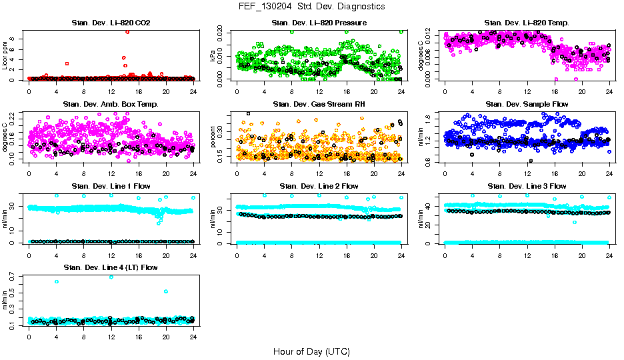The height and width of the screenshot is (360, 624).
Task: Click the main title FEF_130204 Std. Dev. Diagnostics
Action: (311, 7)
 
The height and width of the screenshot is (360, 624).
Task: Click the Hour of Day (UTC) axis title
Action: (311, 351)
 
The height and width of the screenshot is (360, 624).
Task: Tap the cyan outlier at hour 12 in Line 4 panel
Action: (111, 277)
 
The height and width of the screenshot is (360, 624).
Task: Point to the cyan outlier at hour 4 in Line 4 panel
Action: (57, 281)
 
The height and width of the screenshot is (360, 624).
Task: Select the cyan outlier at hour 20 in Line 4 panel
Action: (165, 291)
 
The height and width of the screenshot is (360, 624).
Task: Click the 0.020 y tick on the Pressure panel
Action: (224, 31)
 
